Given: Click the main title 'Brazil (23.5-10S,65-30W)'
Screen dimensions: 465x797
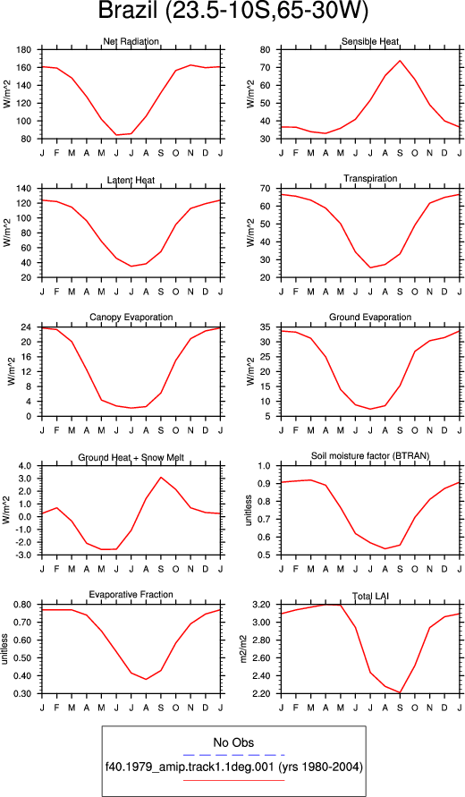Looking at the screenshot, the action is (232, 13).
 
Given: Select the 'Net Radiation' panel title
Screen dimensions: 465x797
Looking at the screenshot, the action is (131, 41).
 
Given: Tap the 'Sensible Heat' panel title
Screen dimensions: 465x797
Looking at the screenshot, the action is (370, 41).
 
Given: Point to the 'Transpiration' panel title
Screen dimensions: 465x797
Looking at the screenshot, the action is (370, 178).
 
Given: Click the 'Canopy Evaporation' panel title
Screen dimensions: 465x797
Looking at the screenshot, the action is (131, 318).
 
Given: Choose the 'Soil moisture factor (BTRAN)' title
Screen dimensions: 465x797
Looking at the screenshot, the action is (370, 456).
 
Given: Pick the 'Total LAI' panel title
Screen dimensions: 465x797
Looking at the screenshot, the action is (370, 595).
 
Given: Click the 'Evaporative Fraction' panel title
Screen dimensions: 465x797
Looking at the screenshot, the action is (131, 595).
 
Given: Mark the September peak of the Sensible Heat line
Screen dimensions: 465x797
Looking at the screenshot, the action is (400, 61).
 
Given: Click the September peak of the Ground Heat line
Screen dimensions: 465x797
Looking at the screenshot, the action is (161, 477).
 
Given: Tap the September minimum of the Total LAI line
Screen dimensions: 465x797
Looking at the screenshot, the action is (400, 692).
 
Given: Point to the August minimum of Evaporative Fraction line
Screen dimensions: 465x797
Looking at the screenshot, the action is (146, 679).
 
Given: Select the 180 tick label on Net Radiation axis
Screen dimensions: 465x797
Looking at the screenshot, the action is (25, 50).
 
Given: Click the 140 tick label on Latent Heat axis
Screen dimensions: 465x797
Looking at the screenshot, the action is (25, 189).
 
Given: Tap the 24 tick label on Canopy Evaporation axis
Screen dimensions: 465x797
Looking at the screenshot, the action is (28, 327).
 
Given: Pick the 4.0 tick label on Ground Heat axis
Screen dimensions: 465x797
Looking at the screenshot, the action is (25, 466).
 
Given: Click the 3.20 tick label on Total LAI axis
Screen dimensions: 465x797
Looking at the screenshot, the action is (263, 605).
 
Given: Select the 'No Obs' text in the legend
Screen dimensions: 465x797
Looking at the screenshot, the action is (233, 742).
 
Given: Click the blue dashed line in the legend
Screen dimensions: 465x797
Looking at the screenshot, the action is (233, 755).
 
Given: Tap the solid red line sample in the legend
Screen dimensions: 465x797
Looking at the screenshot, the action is (233, 779).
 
